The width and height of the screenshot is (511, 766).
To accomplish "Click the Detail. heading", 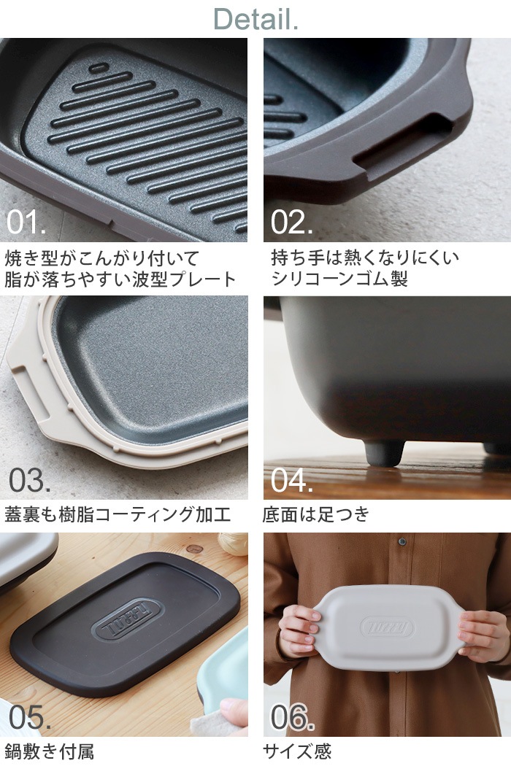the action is coord(255,20).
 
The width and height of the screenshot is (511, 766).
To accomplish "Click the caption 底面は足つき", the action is coord(316,514).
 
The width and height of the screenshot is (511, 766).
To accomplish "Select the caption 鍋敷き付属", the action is coord(49,751).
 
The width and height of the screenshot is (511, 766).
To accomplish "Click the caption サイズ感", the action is coord(297,751).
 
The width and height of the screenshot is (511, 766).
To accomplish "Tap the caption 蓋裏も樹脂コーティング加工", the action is coord(118,514).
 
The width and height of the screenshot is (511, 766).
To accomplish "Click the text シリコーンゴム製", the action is coord(339,279).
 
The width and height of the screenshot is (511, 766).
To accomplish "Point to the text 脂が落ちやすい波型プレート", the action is coord(120,279).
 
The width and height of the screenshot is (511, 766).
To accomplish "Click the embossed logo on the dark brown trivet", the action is coord(128,619).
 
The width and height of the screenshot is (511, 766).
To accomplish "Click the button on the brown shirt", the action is coord(402,541).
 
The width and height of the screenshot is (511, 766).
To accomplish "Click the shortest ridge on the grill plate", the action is coord(99,67).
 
